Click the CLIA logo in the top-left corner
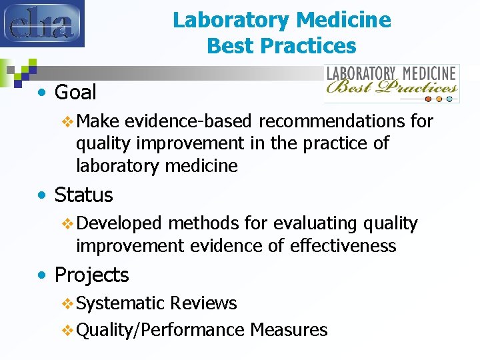pos(42,23)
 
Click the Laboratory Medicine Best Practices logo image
pos(391,83)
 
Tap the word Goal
pos(75,92)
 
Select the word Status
pos(83,195)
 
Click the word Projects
pos(91,275)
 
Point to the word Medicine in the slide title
pos(346,20)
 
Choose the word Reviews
pos(203,303)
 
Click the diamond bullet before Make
pos(67,121)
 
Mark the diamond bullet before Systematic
pos(67,304)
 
